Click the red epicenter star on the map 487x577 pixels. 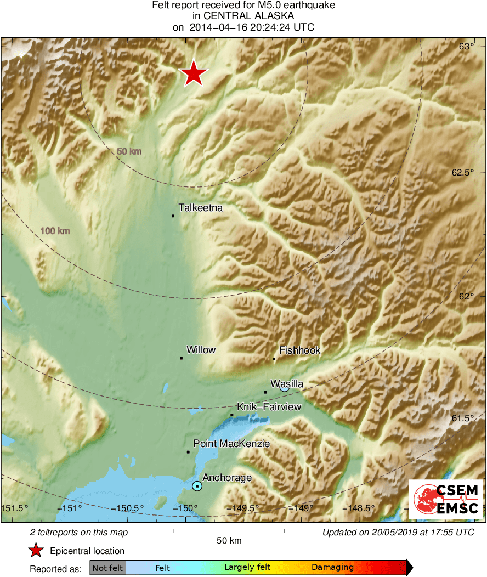click(x=194, y=73)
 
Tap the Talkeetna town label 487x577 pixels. click(x=201, y=208)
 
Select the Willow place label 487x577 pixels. click(x=201, y=350)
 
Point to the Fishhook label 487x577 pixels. click(x=299, y=350)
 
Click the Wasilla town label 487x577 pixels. click(x=287, y=384)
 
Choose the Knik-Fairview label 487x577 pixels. click(x=269, y=406)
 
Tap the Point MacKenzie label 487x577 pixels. click(x=231, y=443)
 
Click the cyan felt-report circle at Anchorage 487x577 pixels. click(x=197, y=486)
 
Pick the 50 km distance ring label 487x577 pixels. click(x=129, y=151)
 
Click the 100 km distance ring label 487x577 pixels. click(x=55, y=231)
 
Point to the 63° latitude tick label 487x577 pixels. click(x=467, y=47)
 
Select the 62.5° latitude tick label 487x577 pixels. click(x=462, y=172)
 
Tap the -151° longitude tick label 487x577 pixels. click(x=71, y=508)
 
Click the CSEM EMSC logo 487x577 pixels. click(x=445, y=499)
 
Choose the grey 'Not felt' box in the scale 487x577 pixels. click(x=107, y=568)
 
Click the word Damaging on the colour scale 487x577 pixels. click(x=332, y=568)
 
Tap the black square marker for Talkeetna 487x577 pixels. click(x=173, y=216)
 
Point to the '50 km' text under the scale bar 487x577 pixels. click(x=229, y=541)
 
